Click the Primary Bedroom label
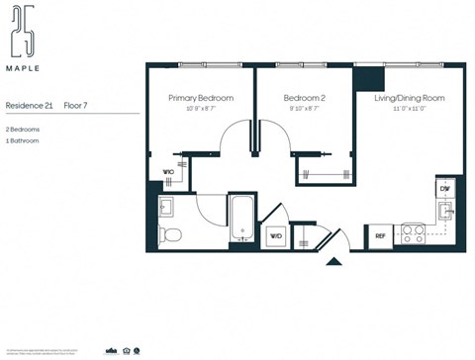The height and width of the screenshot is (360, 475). (x=201, y=98)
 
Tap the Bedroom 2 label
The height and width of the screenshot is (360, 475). (x=304, y=98)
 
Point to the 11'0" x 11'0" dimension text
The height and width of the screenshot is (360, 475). (x=409, y=108)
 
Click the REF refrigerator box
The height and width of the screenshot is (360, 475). (x=380, y=235)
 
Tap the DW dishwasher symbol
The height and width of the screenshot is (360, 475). (x=445, y=188)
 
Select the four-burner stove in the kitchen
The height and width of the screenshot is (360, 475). (x=413, y=234)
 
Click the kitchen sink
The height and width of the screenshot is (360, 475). (x=446, y=212)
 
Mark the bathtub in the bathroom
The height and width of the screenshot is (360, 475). (x=242, y=219)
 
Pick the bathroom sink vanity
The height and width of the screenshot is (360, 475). (x=167, y=207)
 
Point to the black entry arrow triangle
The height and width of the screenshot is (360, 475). (x=333, y=262)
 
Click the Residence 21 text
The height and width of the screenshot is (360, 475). (x=28, y=104)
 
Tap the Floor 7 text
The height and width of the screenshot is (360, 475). (x=77, y=104)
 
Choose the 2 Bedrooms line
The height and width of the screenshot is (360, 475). (x=23, y=129)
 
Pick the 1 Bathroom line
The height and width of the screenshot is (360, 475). (x=23, y=141)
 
